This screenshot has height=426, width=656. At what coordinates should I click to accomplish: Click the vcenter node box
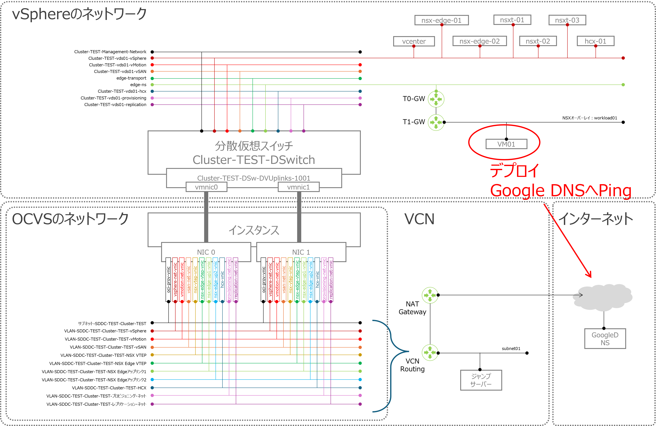click(414, 41)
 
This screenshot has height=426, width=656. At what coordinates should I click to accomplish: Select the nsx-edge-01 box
click(441, 20)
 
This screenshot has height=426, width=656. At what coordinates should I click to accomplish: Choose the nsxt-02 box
click(538, 41)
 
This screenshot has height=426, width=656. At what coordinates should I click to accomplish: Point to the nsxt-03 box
click(567, 20)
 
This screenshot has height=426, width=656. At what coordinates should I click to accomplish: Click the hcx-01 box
click(595, 41)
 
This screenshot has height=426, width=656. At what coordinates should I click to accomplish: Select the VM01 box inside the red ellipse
click(506, 144)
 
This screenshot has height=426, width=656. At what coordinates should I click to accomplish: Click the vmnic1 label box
click(299, 187)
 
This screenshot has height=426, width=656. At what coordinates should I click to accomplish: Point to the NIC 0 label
click(206, 252)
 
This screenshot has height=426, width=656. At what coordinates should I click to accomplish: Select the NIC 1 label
click(301, 252)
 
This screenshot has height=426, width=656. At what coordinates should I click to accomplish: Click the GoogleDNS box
click(605, 339)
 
